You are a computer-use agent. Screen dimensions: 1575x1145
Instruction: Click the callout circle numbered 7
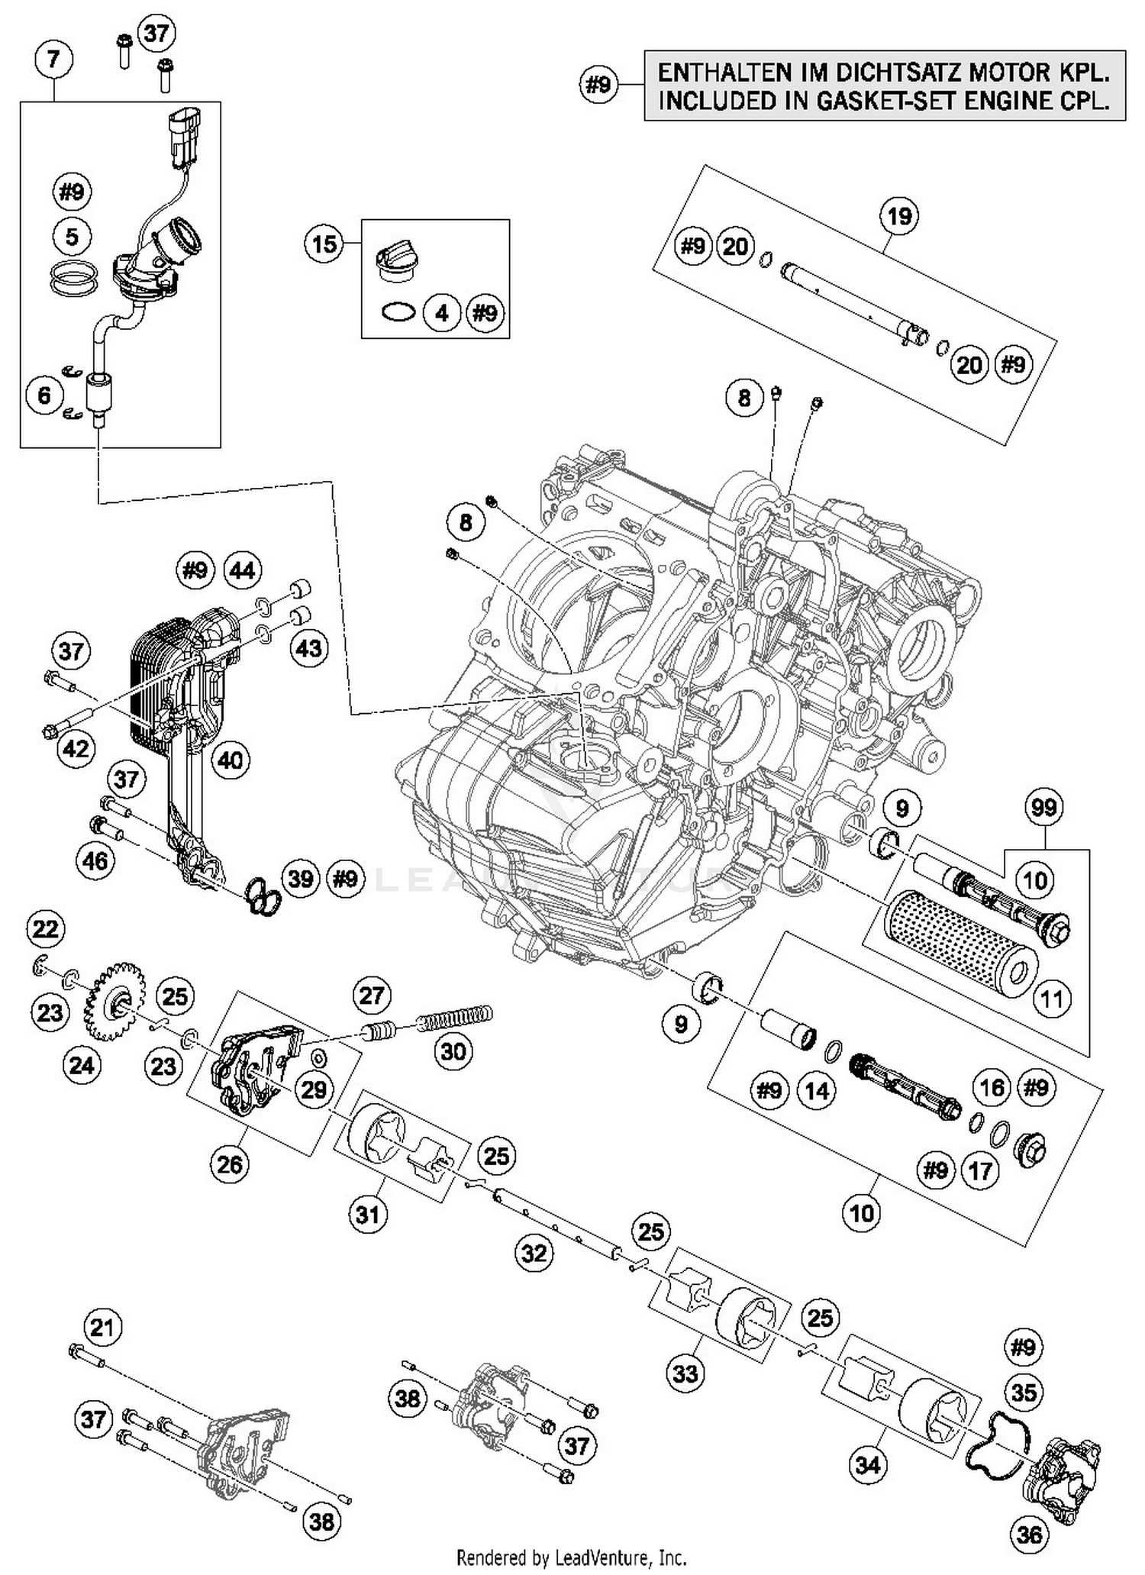click(53, 60)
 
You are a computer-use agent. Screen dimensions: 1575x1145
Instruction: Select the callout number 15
click(324, 245)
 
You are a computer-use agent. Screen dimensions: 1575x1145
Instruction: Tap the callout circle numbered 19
click(899, 216)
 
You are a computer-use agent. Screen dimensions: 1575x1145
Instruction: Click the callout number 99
click(1043, 808)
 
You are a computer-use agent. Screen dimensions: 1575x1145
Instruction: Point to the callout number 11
click(1052, 999)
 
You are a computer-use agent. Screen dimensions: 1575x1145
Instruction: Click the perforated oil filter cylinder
click(958, 943)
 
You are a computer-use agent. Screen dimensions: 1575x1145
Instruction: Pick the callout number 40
click(230, 760)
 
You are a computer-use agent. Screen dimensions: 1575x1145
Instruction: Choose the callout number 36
click(1029, 1533)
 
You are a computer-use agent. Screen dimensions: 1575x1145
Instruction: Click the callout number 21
click(102, 1328)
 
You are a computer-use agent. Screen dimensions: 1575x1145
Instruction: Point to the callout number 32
click(534, 1253)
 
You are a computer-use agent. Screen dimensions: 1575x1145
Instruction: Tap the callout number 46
click(95, 861)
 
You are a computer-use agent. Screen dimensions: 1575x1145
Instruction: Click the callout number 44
click(242, 570)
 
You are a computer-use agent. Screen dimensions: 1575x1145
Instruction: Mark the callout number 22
click(46, 929)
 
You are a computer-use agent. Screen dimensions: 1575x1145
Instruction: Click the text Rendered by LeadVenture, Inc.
click(571, 1557)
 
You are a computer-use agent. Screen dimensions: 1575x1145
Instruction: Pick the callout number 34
click(869, 1465)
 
